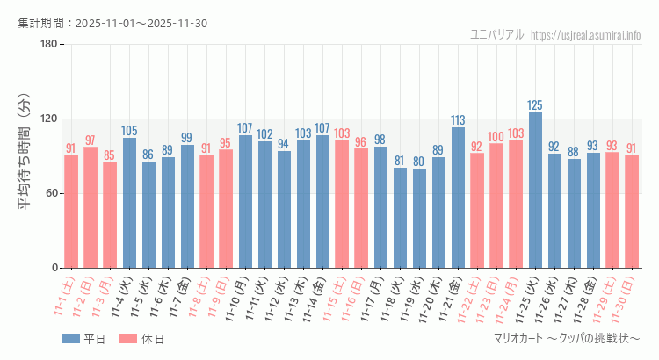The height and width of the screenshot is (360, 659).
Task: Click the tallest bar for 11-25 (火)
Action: tap(535, 190)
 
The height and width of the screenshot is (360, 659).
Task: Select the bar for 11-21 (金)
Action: tap(458, 198)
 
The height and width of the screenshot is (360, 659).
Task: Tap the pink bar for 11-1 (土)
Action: tap(71, 211)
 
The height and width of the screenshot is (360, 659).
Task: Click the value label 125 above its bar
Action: tap(535, 105)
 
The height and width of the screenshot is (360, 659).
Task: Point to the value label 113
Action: tap(458, 120)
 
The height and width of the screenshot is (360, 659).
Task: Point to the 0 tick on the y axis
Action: tap(54, 268)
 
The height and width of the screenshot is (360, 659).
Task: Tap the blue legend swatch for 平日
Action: tap(70, 339)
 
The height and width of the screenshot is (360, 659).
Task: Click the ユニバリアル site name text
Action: tap(497, 35)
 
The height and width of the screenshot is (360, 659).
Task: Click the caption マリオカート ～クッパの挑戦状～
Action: tap(567, 339)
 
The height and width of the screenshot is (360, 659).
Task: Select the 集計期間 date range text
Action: tap(112, 23)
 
